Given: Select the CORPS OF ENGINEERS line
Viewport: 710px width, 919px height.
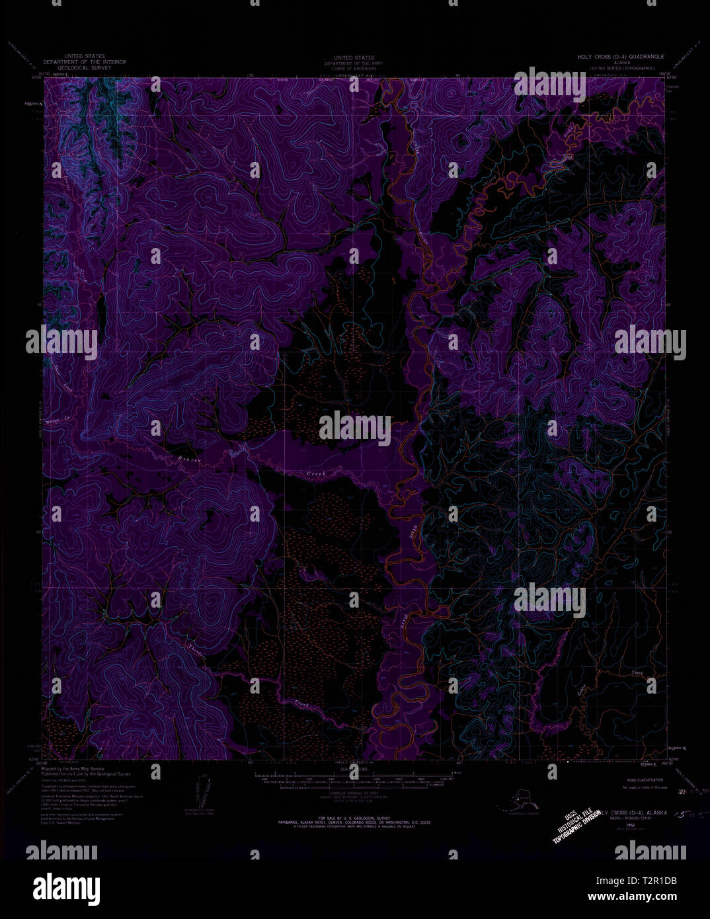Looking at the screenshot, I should (x=354, y=68).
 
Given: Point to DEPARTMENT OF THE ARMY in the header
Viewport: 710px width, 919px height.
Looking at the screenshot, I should (x=354, y=63).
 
